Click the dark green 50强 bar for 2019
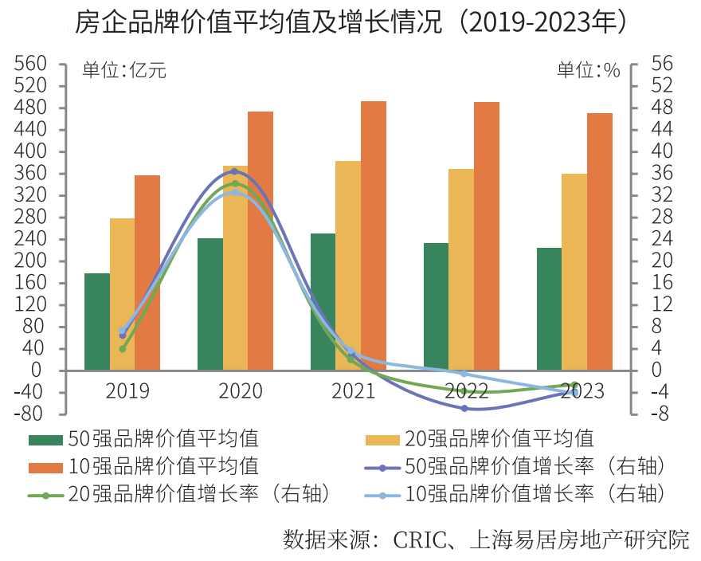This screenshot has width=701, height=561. click(x=97, y=322)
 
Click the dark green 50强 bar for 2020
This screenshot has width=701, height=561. click(x=210, y=304)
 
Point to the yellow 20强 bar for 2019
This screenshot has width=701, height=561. click(x=122, y=294)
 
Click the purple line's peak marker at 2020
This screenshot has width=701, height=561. click(x=234, y=171)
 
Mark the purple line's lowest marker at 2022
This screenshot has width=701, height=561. click(x=464, y=408)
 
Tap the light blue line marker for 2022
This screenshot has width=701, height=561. click(x=464, y=374)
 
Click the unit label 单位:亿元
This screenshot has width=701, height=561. click(x=124, y=70)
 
